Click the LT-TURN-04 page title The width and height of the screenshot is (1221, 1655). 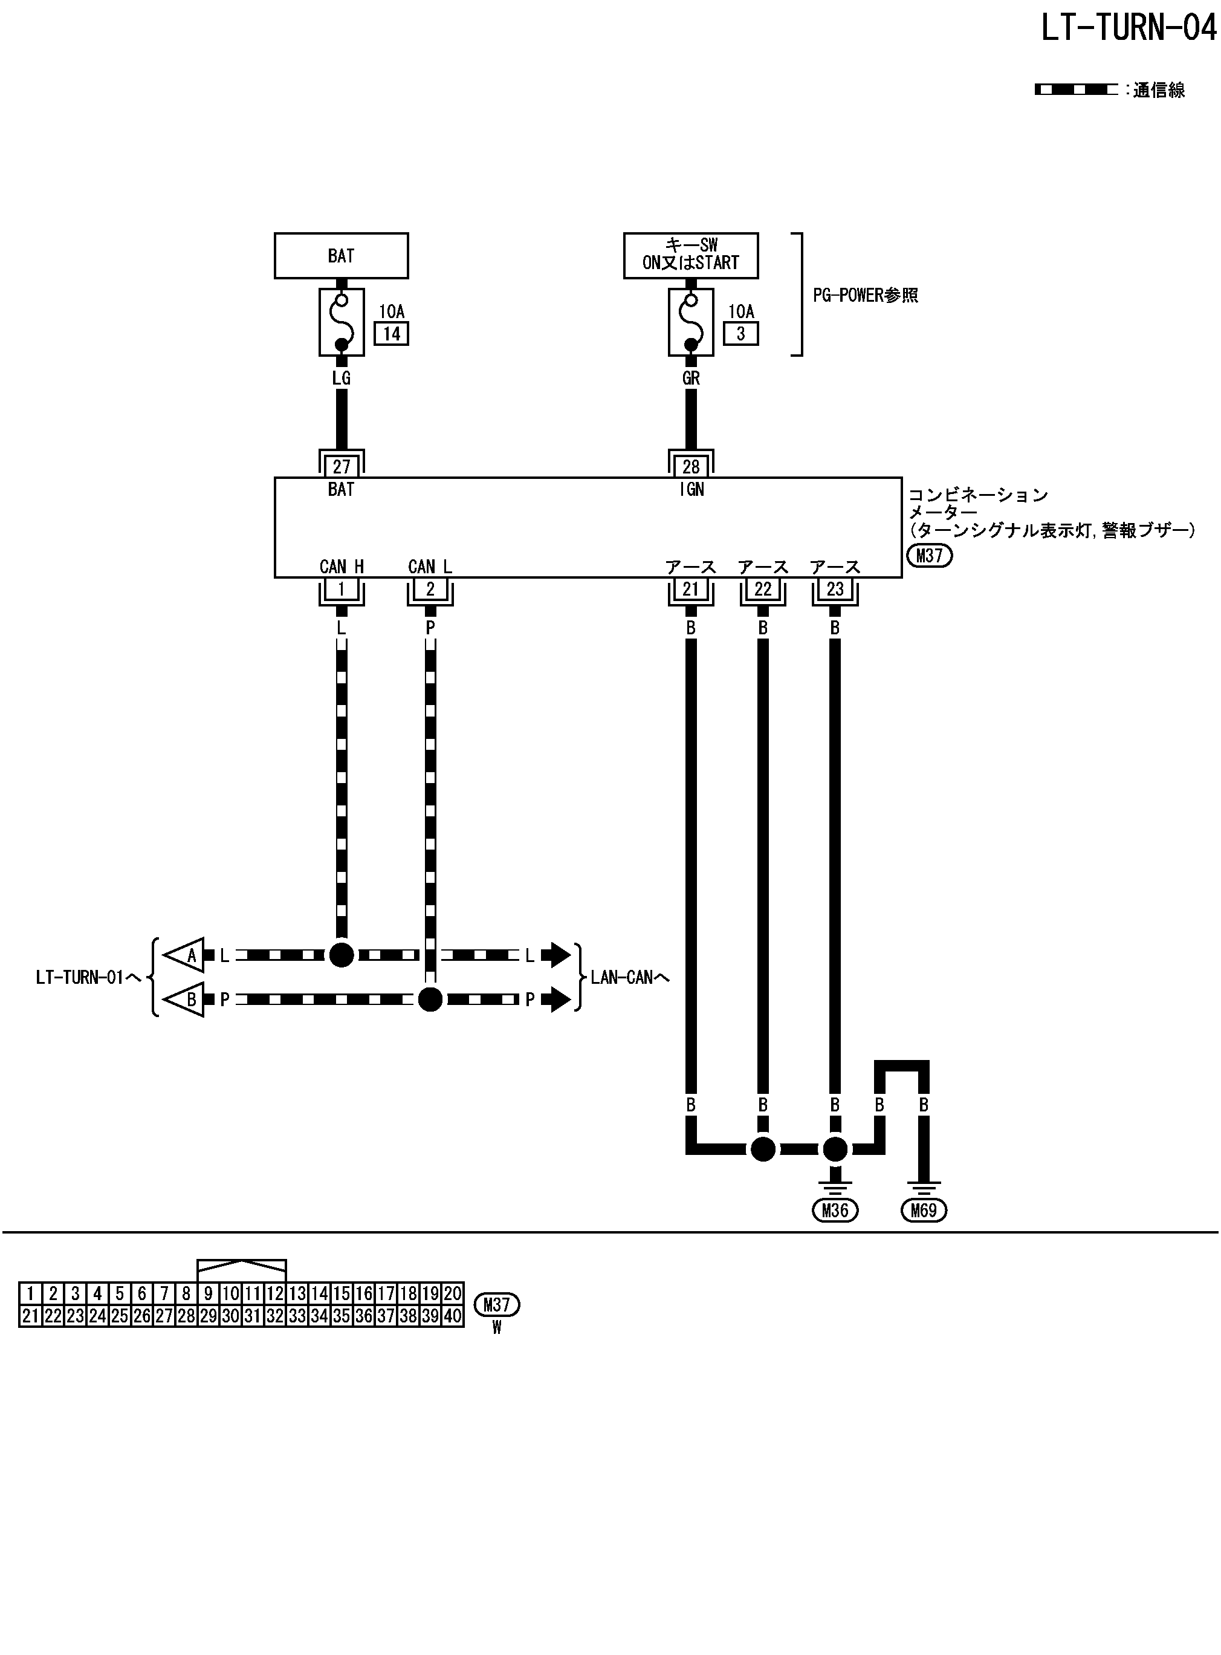[1128, 29]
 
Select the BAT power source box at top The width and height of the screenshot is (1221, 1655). [341, 256]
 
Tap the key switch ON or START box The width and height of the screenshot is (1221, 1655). [690, 255]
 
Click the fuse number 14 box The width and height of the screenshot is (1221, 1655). [391, 334]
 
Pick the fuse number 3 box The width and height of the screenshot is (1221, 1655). [740, 334]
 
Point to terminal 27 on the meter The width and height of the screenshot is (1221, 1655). [341, 466]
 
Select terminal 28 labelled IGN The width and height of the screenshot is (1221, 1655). [690, 466]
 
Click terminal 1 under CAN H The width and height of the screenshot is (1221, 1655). [341, 589]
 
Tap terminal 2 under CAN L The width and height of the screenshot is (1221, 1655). [430, 589]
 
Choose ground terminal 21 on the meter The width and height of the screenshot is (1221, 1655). [690, 589]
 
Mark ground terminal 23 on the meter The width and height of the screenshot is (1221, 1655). [834, 589]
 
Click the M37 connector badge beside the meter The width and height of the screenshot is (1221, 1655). [929, 555]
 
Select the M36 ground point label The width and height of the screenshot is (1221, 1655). [834, 1210]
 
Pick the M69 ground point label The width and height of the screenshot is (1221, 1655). [924, 1210]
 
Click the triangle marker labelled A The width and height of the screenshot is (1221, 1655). [185, 956]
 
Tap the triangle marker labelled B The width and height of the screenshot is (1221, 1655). [185, 1000]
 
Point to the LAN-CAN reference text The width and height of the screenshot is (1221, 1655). [630, 978]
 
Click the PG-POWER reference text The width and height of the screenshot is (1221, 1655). [866, 296]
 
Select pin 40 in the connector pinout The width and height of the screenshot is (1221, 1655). [452, 1316]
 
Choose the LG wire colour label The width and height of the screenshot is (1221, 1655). [341, 379]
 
